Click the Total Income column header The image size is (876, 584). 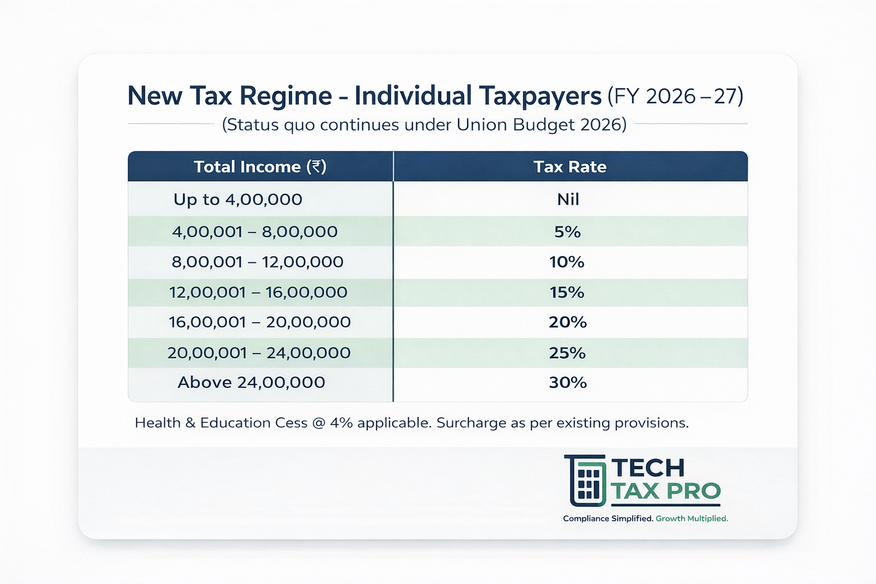[259, 167]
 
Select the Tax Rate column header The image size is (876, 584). [570, 167]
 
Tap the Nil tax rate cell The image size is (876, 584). [568, 199]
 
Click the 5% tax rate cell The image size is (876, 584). [567, 232]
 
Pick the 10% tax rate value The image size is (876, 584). [567, 262]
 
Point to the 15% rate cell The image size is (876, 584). [567, 292]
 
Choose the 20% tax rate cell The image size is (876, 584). [567, 322]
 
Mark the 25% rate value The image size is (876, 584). [567, 353]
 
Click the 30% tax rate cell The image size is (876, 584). [567, 382]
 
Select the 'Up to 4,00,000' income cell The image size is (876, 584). [238, 199]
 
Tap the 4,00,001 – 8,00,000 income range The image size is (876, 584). [254, 232]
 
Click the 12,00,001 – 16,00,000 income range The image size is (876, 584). [258, 292]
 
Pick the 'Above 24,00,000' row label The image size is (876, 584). [251, 382]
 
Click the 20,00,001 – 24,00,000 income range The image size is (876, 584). [259, 353]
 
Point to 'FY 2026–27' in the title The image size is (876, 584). [675, 96]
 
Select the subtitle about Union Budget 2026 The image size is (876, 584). [424, 124]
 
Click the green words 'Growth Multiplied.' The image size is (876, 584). [692, 518]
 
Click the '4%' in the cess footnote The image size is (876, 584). [341, 423]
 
